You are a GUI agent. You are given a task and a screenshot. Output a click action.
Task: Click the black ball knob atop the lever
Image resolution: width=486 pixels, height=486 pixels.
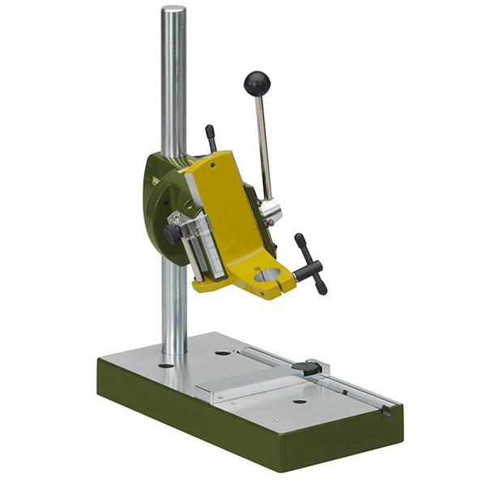[x=257, y=83]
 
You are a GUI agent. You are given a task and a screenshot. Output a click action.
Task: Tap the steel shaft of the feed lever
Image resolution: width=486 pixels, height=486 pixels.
[x=263, y=146]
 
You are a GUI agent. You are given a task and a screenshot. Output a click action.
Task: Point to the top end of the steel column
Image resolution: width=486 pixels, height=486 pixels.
[x=173, y=11]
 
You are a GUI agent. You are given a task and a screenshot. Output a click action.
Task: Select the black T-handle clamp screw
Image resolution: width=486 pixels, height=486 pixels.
[x=310, y=264]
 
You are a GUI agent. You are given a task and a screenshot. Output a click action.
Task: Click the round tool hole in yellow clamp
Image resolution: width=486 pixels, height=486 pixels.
[x=266, y=275]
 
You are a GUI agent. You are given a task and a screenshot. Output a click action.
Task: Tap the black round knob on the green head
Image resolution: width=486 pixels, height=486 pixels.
[x=172, y=234]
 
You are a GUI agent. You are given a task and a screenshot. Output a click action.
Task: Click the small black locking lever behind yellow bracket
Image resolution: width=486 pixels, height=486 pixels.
[x=211, y=138]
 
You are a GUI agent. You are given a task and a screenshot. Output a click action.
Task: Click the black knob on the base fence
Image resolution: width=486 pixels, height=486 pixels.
[x=305, y=369]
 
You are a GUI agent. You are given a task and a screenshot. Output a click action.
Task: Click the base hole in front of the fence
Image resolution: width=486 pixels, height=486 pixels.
[x=299, y=401]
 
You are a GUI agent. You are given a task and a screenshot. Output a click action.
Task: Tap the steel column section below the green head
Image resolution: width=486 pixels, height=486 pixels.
[x=173, y=308]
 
